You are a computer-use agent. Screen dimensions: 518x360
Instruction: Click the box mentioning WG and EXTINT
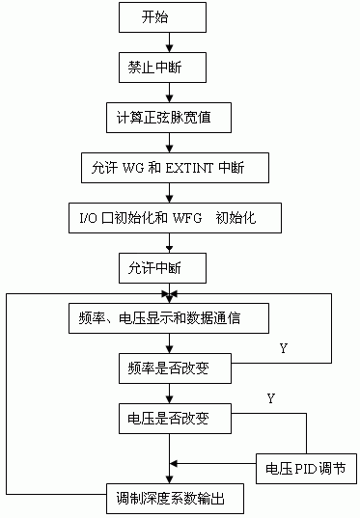point(171,168)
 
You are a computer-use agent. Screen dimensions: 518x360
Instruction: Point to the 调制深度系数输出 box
point(172,500)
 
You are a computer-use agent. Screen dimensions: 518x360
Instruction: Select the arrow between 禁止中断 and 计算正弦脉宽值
point(171,94)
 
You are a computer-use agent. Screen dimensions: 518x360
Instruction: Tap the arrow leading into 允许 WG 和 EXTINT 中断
point(171,144)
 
